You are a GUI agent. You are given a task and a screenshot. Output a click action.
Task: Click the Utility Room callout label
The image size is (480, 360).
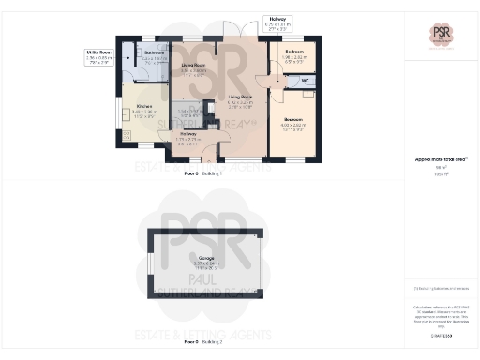(99, 56)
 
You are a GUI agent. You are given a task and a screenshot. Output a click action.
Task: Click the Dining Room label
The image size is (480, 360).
(193, 67)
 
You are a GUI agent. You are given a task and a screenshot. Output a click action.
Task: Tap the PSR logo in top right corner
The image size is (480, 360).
(441, 35)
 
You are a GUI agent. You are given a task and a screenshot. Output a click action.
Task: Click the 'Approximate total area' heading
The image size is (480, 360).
(441, 160)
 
